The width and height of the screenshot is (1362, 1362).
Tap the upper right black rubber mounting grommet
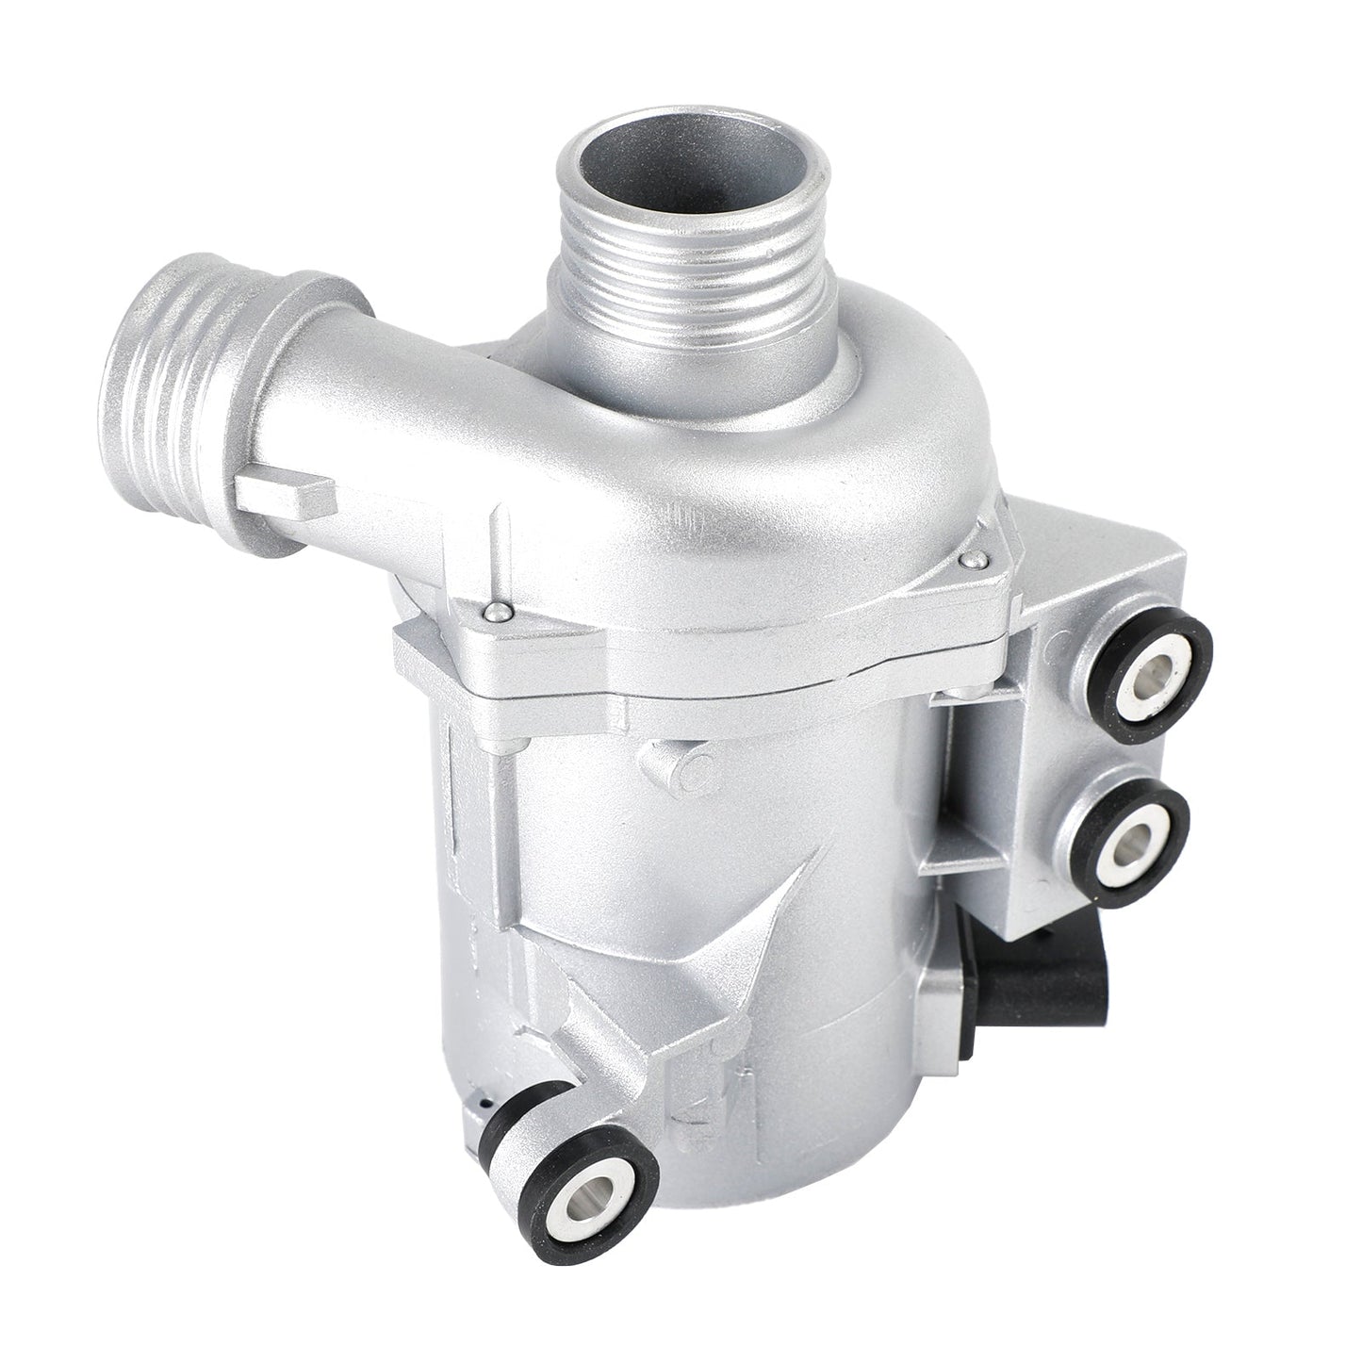pyautogui.click(x=1157, y=670)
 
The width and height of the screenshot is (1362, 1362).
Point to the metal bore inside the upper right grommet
pyautogui.click(x=1158, y=671)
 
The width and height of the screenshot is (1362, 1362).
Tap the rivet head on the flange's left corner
pyautogui.click(x=496, y=614)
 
